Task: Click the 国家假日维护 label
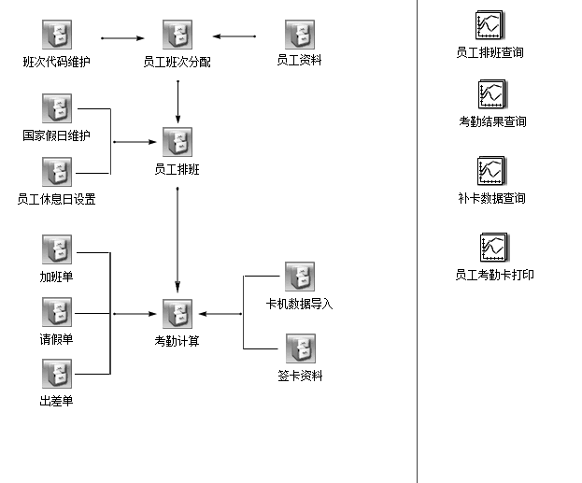[57, 135]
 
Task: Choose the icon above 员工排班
[177, 143]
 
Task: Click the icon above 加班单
[57, 250]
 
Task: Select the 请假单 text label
[57, 339]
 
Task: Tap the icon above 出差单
[57, 375]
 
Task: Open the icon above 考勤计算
[177, 314]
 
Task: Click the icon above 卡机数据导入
[299, 277]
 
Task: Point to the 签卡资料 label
[299, 376]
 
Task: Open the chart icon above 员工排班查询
[490, 22]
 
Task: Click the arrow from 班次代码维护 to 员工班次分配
[122, 38]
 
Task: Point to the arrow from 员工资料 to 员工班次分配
[234, 37]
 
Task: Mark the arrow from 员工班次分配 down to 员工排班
[177, 102]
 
